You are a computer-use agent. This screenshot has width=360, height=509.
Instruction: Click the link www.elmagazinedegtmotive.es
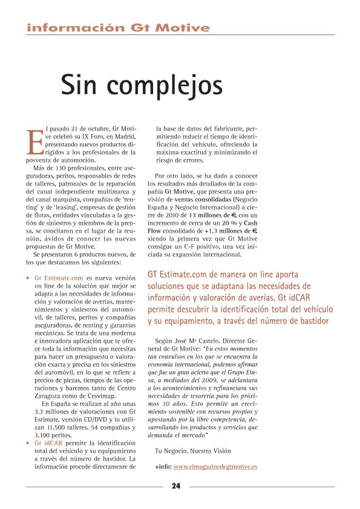[215, 467]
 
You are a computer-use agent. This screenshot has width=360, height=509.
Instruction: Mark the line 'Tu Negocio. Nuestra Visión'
[193, 451]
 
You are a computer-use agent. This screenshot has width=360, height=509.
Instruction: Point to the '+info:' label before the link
[163, 467]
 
